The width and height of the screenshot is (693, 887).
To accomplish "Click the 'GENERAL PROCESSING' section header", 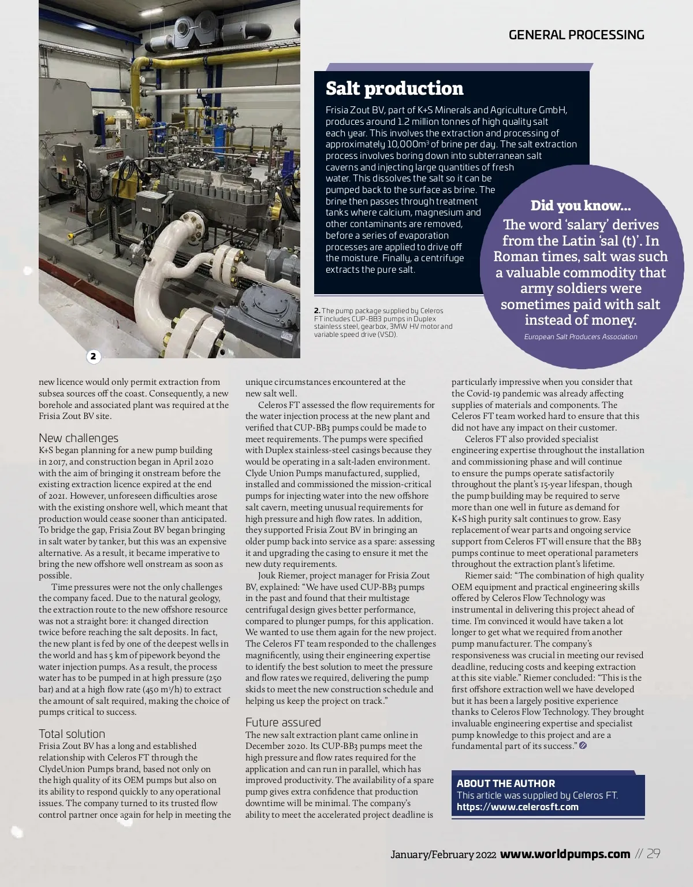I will click(576, 35).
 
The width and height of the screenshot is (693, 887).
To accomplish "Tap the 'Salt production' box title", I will click(394, 88).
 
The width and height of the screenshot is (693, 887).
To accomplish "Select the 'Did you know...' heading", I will click(580, 206).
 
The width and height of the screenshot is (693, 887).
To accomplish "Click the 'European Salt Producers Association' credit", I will click(580, 337).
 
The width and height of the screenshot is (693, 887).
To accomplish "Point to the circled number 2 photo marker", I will click(94, 357).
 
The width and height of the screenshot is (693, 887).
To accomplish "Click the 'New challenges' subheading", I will click(79, 438).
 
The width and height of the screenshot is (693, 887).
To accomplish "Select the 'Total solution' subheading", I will click(72, 734).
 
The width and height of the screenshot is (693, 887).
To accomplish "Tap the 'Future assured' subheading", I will click(283, 722).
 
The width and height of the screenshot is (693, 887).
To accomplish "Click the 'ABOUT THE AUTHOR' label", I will click(506, 784).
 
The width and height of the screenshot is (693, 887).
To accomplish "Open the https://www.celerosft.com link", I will click(517, 807).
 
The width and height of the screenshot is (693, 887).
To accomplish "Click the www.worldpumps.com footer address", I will click(565, 854).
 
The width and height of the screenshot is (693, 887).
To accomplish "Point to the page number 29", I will click(653, 854).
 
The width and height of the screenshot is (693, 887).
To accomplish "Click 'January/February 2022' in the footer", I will click(443, 855).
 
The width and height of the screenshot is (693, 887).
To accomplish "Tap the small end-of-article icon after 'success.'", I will click(583, 746).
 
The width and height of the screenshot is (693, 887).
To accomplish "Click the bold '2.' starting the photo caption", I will click(317, 311).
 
